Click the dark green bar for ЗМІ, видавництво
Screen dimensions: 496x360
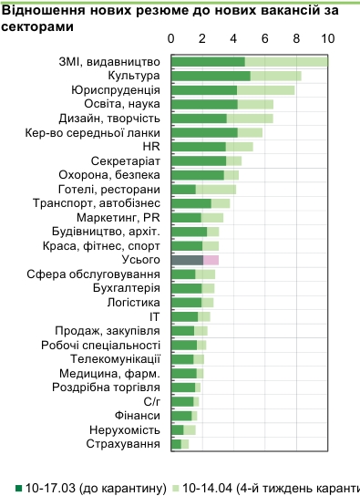tap(208, 61)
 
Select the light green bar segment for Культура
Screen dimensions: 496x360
tap(275, 76)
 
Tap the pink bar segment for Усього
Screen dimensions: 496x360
tap(211, 260)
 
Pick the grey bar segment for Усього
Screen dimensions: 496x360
tap(187, 260)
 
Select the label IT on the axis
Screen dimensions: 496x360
tap(155, 316)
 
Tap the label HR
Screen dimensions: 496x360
tap(152, 146)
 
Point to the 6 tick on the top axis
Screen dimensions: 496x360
tap(265, 39)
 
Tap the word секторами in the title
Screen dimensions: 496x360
tap(36, 26)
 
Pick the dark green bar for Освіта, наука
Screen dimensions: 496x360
tap(204, 104)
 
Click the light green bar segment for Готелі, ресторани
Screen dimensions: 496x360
tap(215, 189)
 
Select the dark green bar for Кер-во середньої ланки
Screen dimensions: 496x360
tap(204, 132)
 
